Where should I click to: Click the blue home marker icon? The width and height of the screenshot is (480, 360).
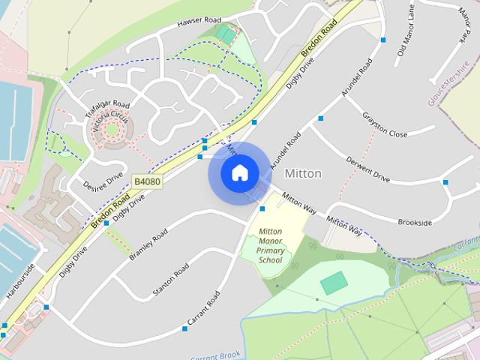tap(239, 172)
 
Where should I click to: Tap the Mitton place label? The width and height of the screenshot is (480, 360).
tap(303, 173)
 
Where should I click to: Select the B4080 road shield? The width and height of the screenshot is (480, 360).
tap(146, 181)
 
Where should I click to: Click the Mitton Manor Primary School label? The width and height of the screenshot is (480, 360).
tap(270, 245)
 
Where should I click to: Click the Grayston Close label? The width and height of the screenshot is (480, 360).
tap(384, 124)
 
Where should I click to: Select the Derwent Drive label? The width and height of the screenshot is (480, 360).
tap(367, 169)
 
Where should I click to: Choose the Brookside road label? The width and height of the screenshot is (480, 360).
tap(415, 223)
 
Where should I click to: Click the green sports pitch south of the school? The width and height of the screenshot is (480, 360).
tap(334, 283)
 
